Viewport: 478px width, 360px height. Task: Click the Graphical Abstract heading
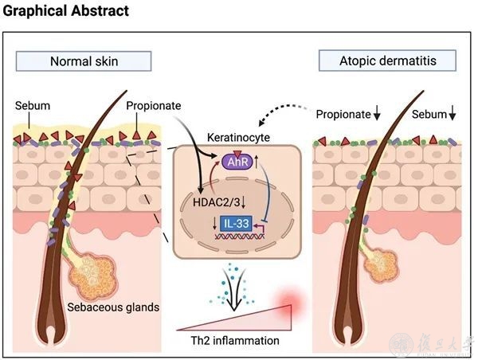pyautogui.click(x=65, y=12)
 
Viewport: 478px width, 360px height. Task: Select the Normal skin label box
pyautogui.click(x=84, y=61)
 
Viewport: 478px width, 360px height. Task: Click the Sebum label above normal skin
pyautogui.click(x=29, y=106)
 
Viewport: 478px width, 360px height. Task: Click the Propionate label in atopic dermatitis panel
pyautogui.click(x=343, y=115)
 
